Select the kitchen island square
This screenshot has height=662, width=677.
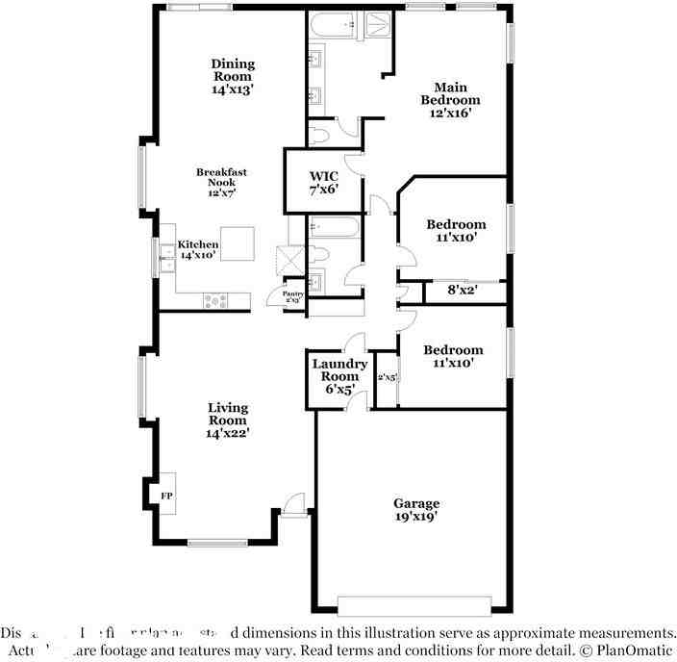tap(238, 243)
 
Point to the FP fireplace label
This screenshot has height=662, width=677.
tap(166, 496)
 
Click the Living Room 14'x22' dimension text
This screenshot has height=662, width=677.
tap(228, 433)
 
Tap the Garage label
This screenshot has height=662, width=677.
tap(416, 503)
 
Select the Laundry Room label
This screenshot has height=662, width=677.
tap(339, 369)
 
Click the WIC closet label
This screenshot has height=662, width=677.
tap(323, 176)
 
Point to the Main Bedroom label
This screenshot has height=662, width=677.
tap(450, 92)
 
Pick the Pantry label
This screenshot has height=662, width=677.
tap(293, 294)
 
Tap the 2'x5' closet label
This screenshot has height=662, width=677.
tap(387, 377)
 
